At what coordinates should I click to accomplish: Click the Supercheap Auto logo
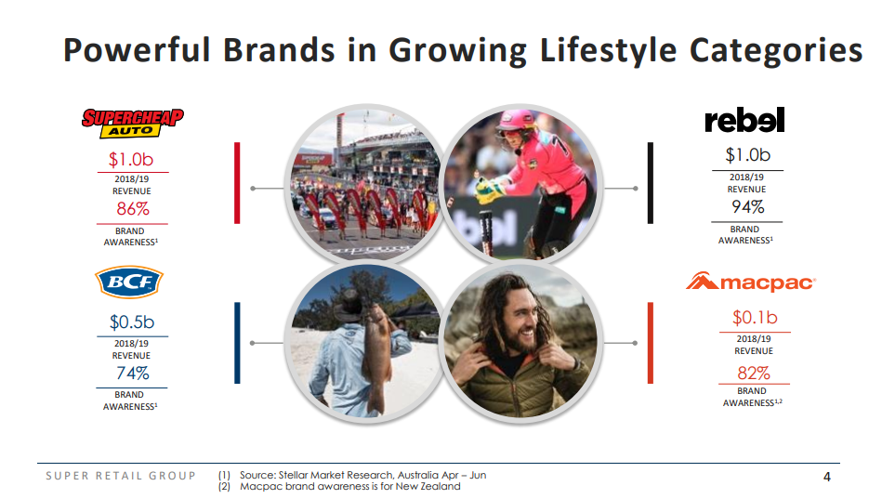[133, 124]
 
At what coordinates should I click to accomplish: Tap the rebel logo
[744, 120]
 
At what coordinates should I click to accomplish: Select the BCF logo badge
[129, 282]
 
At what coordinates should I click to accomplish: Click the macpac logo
[751, 282]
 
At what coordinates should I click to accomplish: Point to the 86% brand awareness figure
[133, 209]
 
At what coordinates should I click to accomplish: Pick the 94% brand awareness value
[747, 207]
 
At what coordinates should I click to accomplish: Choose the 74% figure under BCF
[133, 373]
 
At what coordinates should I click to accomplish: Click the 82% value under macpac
[754, 373]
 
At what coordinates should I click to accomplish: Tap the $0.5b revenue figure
[132, 322]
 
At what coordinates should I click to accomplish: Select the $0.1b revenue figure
[755, 317]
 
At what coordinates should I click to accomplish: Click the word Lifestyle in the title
[608, 50]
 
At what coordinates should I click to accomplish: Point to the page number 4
[827, 477]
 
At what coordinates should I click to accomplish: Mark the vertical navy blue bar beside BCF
[237, 343]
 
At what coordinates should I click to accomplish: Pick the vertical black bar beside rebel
[651, 183]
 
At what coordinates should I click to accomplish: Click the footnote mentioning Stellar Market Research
[362, 475]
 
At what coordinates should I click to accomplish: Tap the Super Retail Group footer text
[121, 476]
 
